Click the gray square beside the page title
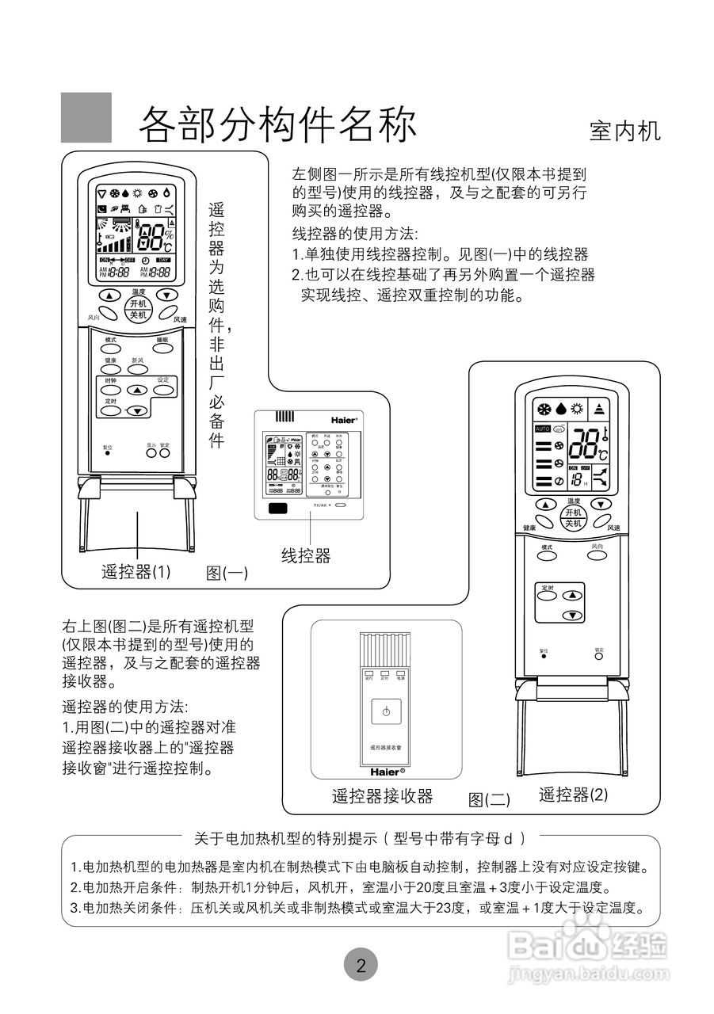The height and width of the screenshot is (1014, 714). click(86, 117)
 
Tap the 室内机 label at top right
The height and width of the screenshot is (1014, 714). click(624, 131)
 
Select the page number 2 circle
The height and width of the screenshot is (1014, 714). click(361, 965)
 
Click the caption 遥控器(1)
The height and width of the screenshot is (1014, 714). click(136, 571)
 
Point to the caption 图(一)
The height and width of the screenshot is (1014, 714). click(227, 573)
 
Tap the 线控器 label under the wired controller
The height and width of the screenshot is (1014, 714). click(306, 555)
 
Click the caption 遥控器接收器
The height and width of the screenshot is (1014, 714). click(382, 796)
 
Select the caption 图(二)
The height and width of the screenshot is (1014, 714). click(489, 799)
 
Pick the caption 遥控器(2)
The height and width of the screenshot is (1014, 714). click(573, 795)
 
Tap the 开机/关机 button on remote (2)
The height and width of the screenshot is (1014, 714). click(572, 518)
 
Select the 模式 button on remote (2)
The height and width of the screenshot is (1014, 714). click(547, 558)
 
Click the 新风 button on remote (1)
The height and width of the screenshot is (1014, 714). click(139, 369)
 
